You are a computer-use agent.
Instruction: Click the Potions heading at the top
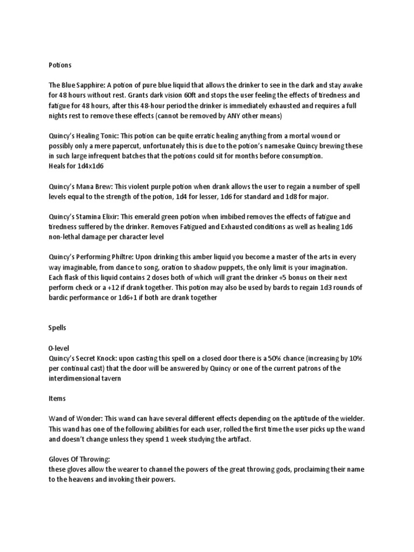60,65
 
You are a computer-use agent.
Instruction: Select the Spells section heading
58,327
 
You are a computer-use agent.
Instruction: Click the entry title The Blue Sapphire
75,85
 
